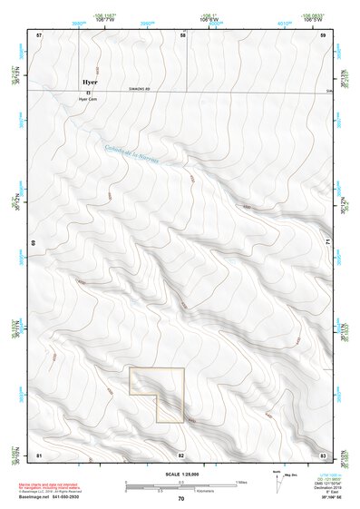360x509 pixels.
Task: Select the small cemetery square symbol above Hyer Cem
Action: point(89,93)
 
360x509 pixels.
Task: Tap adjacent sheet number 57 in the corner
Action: point(39,34)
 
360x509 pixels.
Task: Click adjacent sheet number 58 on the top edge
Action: point(182,34)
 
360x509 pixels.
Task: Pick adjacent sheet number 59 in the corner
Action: point(323,34)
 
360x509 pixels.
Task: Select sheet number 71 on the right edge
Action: point(325,243)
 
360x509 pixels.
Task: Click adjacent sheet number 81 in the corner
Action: point(39,454)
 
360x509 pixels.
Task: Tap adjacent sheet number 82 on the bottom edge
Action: point(181,454)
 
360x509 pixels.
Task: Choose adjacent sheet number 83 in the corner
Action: point(323,454)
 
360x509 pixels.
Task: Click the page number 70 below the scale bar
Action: point(180,498)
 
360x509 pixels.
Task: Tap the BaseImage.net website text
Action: point(52,499)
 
